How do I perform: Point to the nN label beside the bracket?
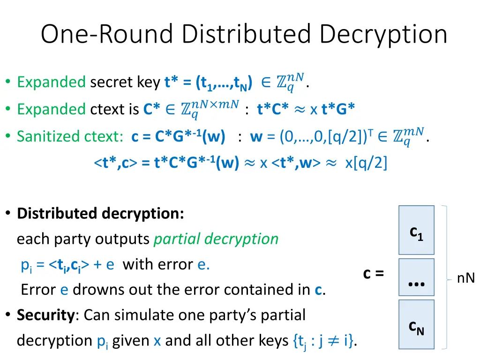[x=466, y=278]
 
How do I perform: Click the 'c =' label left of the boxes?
[x=373, y=273]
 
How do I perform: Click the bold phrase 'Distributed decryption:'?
[x=100, y=214]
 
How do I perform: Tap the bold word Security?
[x=45, y=315]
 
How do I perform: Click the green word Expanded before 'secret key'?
[x=51, y=82]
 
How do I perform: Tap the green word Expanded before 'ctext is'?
[x=51, y=109]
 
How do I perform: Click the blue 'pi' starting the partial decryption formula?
[x=26, y=265]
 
